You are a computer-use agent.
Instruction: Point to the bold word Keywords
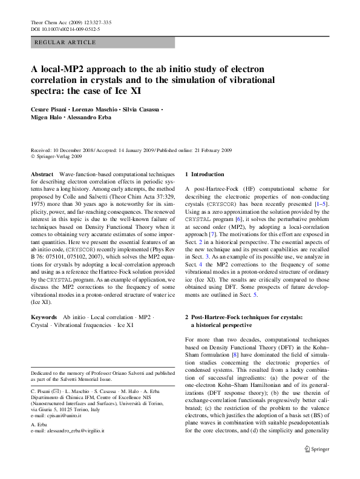[x=45, y=317]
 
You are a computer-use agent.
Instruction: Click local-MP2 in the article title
[x=64, y=69]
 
